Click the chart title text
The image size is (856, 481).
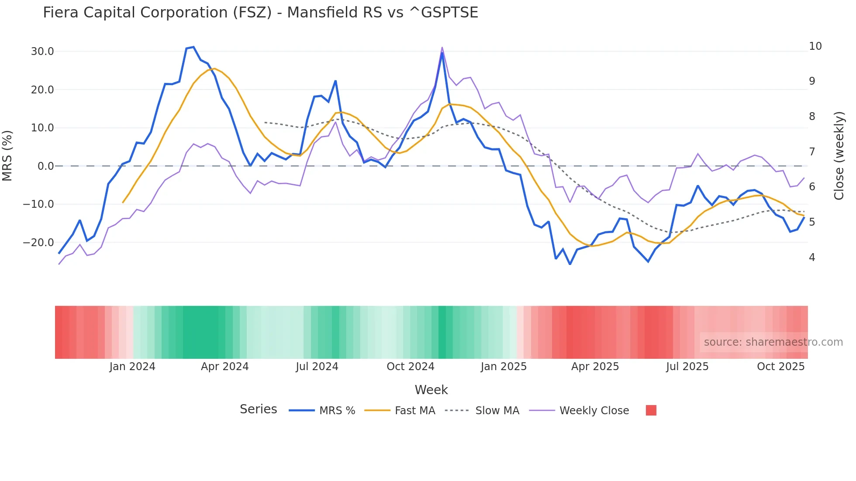click(260, 12)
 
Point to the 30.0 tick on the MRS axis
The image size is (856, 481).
click(42, 52)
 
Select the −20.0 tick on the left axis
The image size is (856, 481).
click(38, 242)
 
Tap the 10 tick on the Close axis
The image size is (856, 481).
click(815, 46)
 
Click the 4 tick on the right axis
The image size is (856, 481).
click(812, 258)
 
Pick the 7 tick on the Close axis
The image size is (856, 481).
click(812, 151)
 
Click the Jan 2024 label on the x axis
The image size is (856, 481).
click(132, 367)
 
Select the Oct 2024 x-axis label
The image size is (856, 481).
click(410, 367)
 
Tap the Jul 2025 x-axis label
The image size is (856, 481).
click(687, 367)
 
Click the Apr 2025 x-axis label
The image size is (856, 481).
click(595, 367)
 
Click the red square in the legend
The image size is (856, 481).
click(651, 410)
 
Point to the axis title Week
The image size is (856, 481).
click(431, 390)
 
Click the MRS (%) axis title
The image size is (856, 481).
click(7, 155)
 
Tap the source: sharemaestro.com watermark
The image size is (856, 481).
click(773, 342)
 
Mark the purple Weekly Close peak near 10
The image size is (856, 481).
click(442, 48)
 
